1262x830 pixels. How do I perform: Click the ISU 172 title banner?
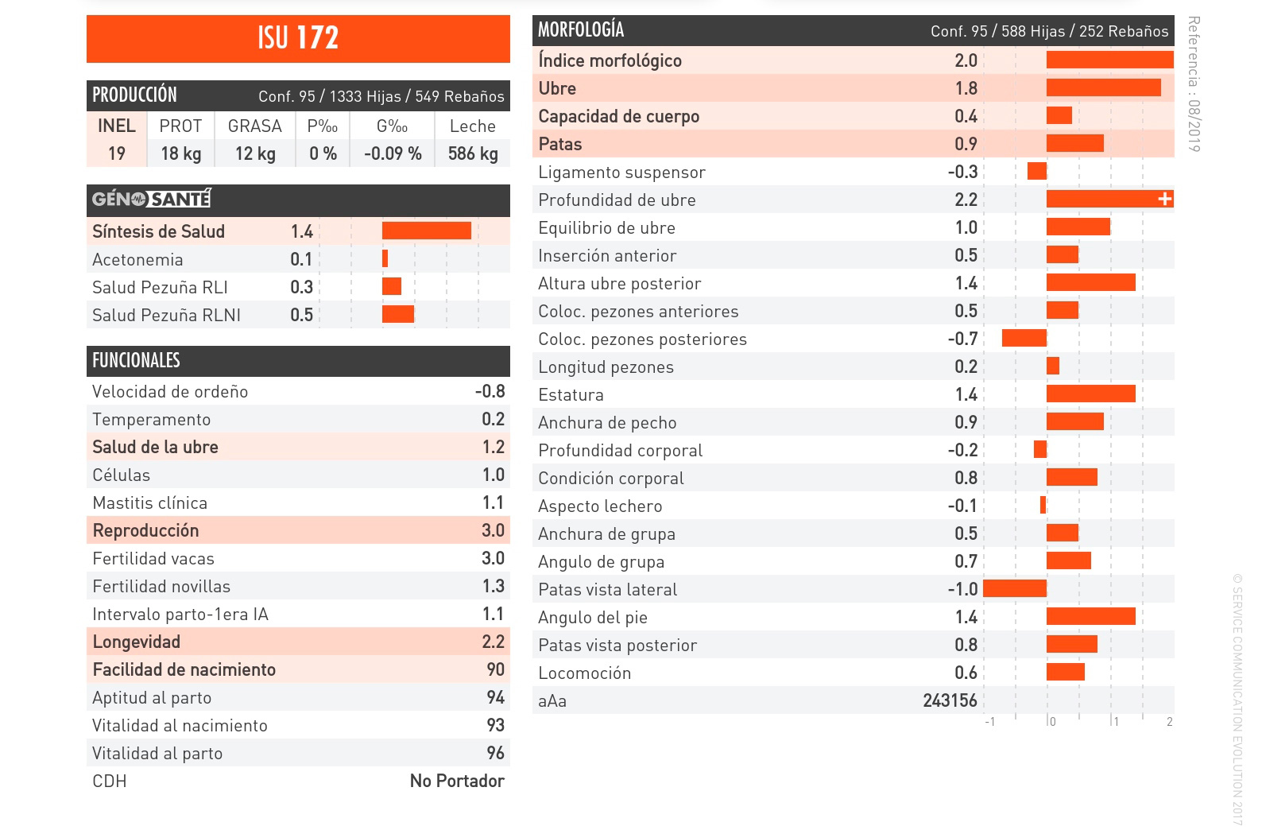tap(298, 38)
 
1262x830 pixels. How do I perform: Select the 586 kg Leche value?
tap(473, 153)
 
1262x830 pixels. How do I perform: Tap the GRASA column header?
tap(254, 126)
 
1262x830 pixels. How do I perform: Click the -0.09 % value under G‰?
tap(393, 153)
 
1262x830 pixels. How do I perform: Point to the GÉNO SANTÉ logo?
tap(151, 199)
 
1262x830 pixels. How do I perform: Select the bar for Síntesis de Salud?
tap(426, 231)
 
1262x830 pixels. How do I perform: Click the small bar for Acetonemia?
tap(385, 258)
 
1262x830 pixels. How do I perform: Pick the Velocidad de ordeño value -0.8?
tap(490, 391)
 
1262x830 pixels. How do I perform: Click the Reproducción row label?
tap(145, 530)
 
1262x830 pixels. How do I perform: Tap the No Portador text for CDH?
tap(457, 781)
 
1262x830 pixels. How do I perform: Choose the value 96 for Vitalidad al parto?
tap(495, 753)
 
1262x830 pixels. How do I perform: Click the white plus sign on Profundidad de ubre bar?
tap(1165, 199)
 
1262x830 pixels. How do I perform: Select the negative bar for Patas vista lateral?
tap(1015, 588)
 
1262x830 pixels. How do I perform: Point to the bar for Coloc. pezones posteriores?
tap(1024, 338)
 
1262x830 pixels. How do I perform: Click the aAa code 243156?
tap(950, 700)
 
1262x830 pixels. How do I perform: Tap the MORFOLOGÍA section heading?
tap(581, 30)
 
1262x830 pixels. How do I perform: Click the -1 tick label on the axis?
tap(989, 722)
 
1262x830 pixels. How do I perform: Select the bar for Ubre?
tap(1103, 87)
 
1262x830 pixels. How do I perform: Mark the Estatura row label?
tap(571, 395)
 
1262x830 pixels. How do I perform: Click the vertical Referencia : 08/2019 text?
tap(1194, 83)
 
